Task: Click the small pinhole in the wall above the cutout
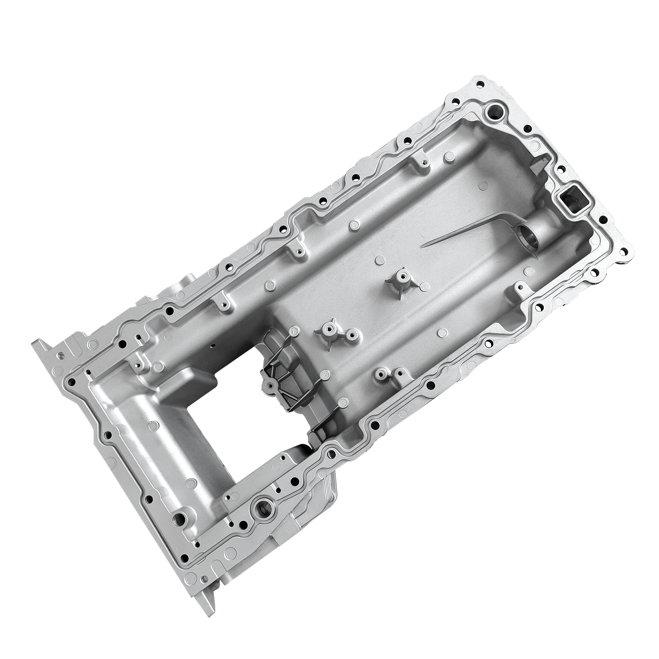214,345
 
